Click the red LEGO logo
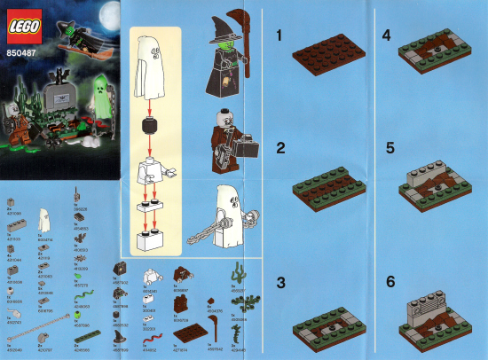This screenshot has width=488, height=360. [x=20, y=27]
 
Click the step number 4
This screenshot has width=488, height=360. [x=387, y=36]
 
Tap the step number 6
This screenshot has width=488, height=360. [x=387, y=282]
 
